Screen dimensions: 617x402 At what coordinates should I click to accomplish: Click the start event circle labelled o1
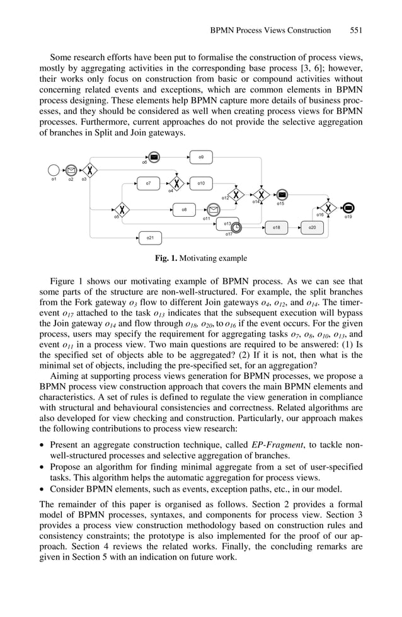(54, 170)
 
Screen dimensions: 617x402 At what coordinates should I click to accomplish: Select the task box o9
(200, 156)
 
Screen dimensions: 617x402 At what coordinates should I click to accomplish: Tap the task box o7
(148, 183)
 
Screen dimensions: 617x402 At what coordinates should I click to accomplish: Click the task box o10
(200, 183)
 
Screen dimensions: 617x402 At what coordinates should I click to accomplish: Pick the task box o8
(183, 209)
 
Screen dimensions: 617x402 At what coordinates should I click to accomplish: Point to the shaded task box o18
(276, 227)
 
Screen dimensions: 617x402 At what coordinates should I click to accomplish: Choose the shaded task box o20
(312, 227)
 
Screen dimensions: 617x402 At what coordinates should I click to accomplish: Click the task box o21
(149, 238)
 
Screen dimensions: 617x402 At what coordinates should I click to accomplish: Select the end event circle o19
(349, 208)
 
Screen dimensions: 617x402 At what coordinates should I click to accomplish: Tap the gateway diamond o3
(91, 170)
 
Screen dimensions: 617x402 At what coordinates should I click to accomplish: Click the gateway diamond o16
(327, 207)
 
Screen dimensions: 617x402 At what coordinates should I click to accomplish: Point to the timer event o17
(236, 228)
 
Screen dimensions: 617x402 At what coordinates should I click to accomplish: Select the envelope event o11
(213, 210)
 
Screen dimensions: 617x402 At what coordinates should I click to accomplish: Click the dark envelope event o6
(154, 157)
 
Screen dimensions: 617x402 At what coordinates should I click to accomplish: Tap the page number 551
(356, 30)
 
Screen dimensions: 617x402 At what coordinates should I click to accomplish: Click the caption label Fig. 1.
(166, 258)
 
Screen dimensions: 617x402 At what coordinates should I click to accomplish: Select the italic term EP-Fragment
(275, 446)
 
